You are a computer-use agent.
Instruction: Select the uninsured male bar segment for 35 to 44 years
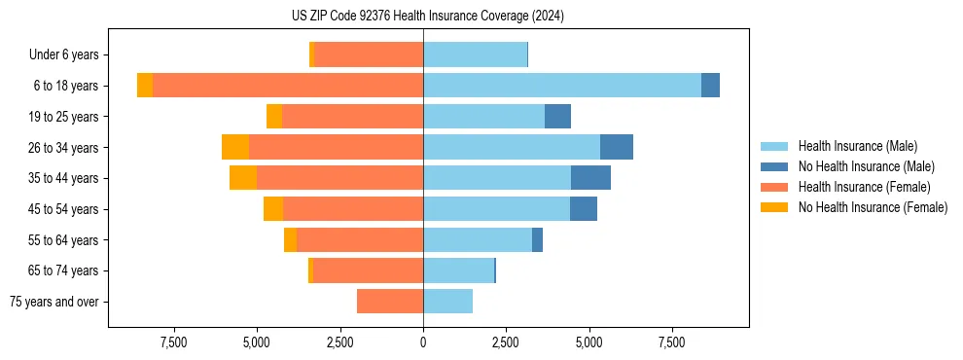pyautogui.click(x=590, y=178)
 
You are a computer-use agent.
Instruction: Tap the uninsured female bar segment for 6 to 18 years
pyautogui.click(x=145, y=86)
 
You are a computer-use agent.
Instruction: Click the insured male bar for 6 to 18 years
pyautogui.click(x=561, y=86)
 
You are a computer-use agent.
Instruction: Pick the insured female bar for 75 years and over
pyautogui.click(x=389, y=302)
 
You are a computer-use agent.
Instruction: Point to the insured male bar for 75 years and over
pyautogui.click(x=447, y=302)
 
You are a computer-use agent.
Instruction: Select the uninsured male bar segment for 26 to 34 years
pyautogui.click(x=617, y=147)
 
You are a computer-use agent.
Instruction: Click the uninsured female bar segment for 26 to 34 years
pyautogui.click(x=235, y=147)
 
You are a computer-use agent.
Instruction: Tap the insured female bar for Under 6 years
pyautogui.click(x=369, y=54)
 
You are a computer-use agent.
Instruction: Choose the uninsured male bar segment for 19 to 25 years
pyautogui.click(x=557, y=117)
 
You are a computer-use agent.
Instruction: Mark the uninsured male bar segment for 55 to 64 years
pyautogui.click(x=537, y=239)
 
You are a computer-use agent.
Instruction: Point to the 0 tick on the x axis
pyautogui.click(x=423, y=342)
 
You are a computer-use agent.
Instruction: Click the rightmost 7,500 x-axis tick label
pyautogui.click(x=672, y=342)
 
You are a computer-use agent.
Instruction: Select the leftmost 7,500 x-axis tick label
pyautogui.click(x=173, y=342)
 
